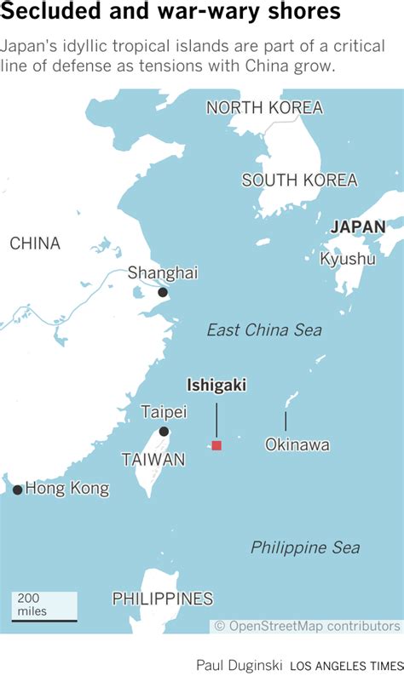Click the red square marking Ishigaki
[216, 445]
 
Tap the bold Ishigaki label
[216, 386]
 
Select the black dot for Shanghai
[163, 293]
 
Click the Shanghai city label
[162, 272]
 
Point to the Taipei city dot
[164, 432]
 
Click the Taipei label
[163, 412]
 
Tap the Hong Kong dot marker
[17, 490]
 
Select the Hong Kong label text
[67, 489]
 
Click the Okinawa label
[297, 444]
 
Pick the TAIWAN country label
[153, 460]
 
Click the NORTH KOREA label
[264, 107]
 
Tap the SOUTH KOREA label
[299, 180]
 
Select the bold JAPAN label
[357, 226]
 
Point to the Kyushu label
[347, 259]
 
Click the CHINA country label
[35, 243]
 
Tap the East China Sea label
[264, 329]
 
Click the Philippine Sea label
[305, 547]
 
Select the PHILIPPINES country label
[162, 599]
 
